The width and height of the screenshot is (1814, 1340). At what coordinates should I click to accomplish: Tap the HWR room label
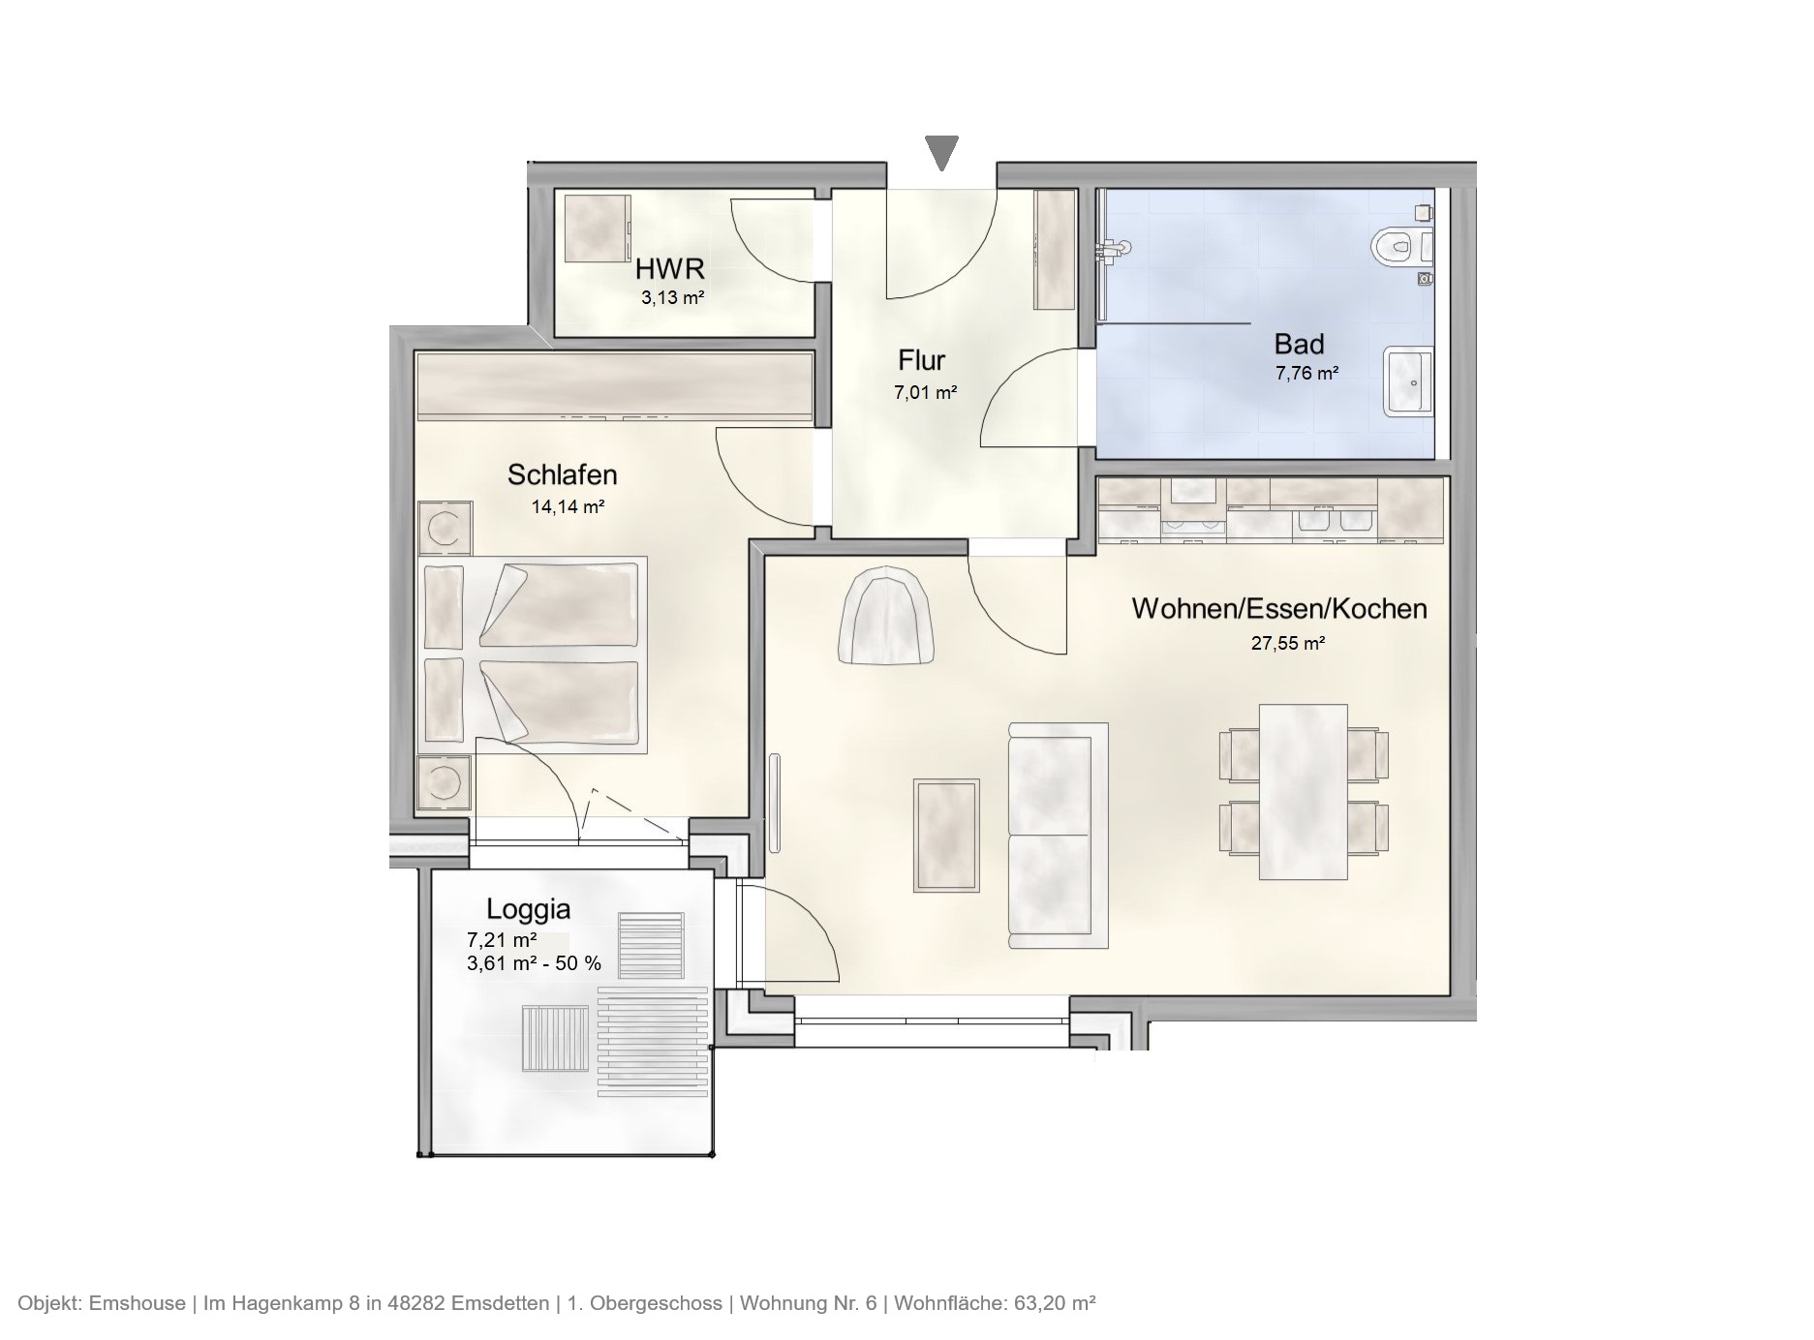click(669, 268)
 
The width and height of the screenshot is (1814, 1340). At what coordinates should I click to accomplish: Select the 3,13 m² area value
click(672, 297)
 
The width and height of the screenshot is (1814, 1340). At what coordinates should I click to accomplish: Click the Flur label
click(921, 361)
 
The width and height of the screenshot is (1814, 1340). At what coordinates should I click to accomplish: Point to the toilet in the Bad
click(1399, 245)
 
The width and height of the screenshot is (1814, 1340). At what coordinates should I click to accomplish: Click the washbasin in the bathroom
click(1408, 381)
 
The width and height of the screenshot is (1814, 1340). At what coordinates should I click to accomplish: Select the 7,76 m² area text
click(1307, 373)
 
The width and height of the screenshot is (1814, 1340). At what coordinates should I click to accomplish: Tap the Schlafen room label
click(562, 474)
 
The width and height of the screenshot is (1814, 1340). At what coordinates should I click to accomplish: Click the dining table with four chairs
click(1303, 791)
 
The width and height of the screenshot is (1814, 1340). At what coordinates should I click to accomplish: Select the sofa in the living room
click(1058, 835)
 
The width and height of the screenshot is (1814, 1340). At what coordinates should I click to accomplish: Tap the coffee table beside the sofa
click(946, 835)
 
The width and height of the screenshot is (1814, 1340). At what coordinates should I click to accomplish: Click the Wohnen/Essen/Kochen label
click(1278, 608)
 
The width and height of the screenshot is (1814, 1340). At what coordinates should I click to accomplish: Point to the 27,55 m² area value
click(1287, 643)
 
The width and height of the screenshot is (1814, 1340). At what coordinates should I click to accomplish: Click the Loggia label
click(528, 909)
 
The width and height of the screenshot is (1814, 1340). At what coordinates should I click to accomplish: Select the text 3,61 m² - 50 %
click(534, 963)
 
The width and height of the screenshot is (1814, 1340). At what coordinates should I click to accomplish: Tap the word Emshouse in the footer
click(137, 1303)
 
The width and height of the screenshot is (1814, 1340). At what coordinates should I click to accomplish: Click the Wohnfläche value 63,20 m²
click(1055, 1303)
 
